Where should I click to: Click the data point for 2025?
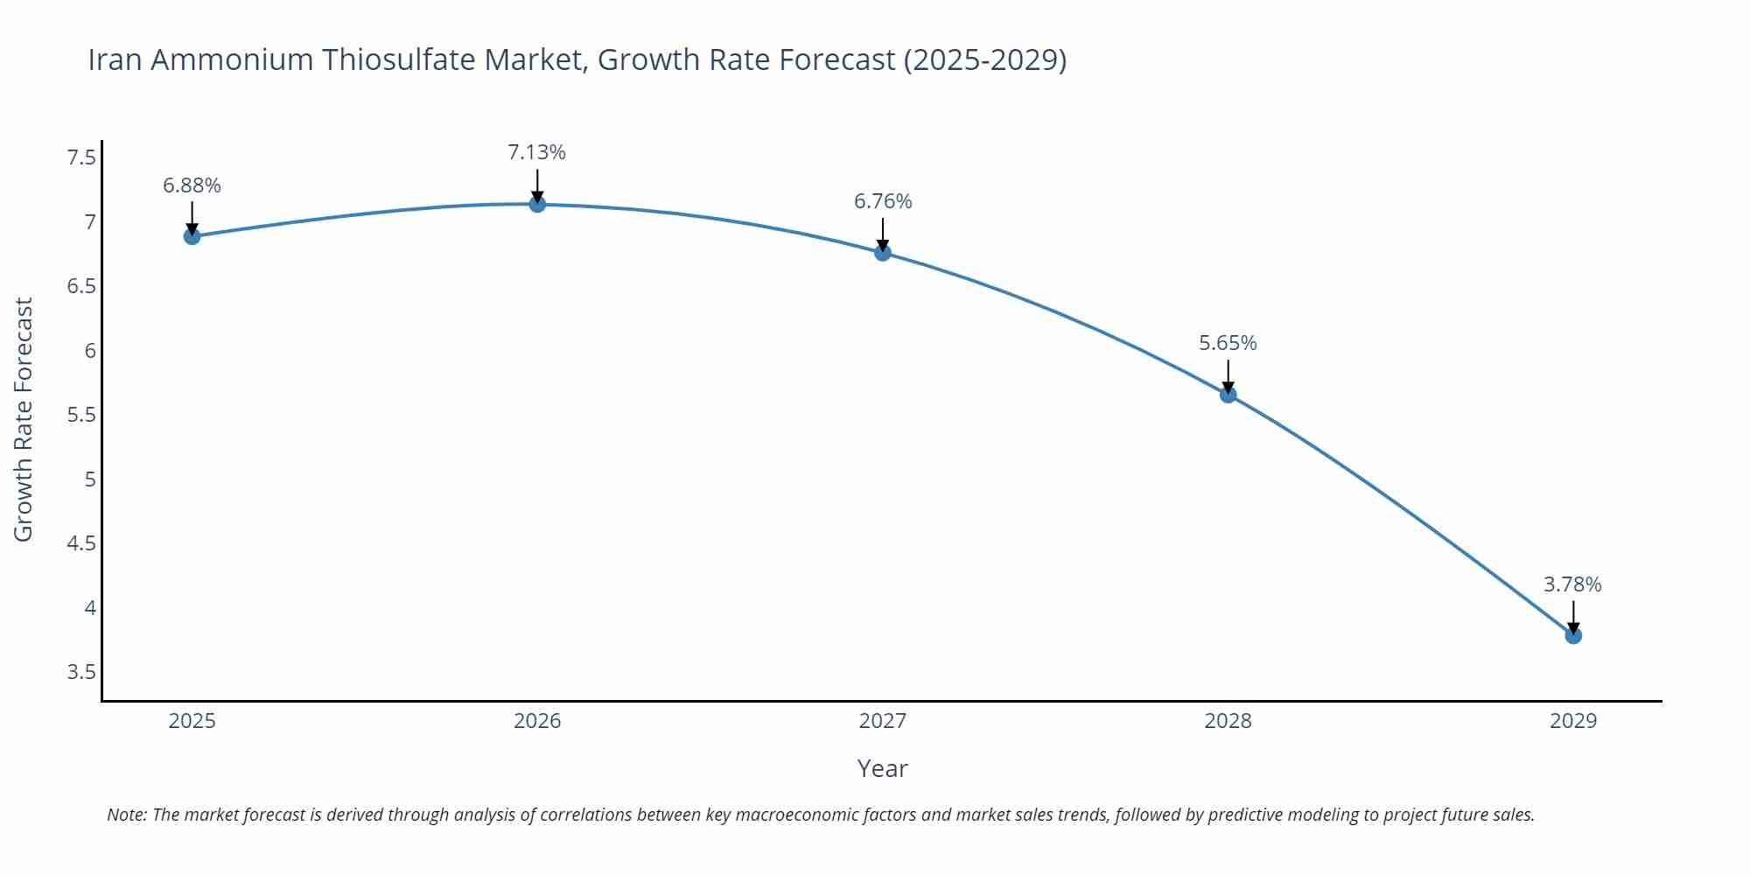tap(192, 236)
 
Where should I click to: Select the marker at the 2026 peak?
tap(537, 204)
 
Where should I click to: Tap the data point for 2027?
tap(883, 253)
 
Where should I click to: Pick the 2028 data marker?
tap(1228, 395)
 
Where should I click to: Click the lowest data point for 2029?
tap(1573, 635)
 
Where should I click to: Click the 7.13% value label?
tap(536, 152)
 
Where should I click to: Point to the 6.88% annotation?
tap(192, 185)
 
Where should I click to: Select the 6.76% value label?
tap(883, 201)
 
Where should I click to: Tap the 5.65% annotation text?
tap(1228, 343)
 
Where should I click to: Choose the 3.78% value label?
tap(1572, 584)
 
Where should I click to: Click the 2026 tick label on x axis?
tap(537, 721)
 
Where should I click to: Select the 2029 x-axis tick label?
tap(1573, 721)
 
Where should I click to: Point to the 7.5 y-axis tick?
tap(81, 157)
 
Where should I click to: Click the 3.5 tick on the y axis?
tap(81, 672)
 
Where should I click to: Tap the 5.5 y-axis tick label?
tap(81, 415)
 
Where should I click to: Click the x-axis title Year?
tap(882, 768)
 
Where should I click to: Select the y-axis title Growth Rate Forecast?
tap(24, 419)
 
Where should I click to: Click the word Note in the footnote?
tap(125, 815)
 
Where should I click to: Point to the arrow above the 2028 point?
tap(1228, 374)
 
